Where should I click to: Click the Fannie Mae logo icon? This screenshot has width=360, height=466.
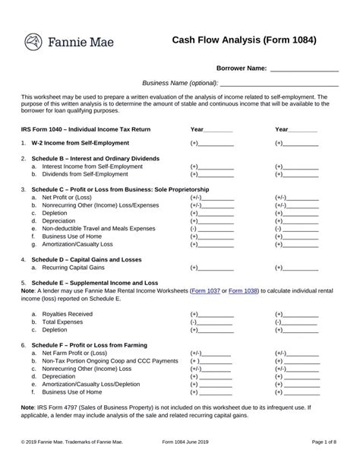(35, 41)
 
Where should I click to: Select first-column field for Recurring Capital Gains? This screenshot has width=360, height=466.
(216, 268)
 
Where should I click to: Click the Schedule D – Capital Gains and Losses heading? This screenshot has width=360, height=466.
(92, 258)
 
